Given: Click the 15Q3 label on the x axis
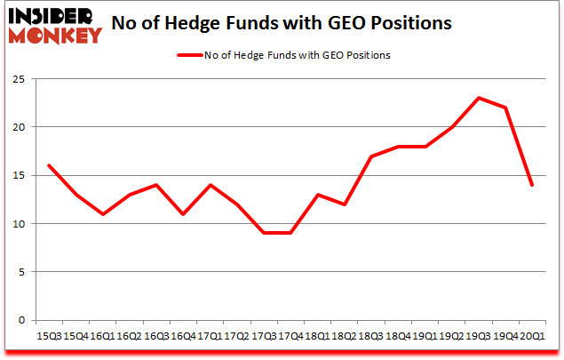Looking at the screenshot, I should coord(49,337).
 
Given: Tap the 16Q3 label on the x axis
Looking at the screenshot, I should coord(155,337).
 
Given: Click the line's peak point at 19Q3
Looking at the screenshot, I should coord(479,98).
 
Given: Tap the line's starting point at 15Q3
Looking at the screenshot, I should coord(50,165).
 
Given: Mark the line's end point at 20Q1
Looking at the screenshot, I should coord(532,185).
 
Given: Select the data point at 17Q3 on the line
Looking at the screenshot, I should coord(264,233).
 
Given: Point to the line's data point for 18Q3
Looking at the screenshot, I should coord(371,156).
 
